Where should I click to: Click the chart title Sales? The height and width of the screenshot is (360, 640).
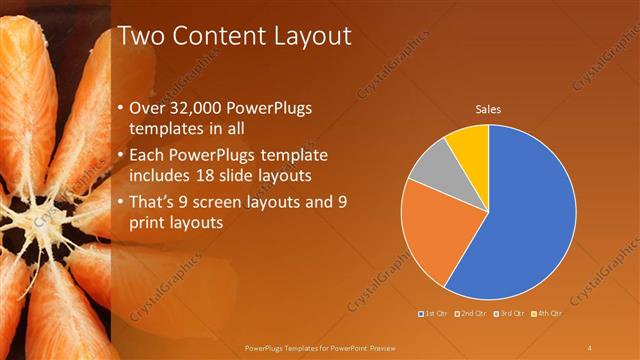click(x=488, y=109)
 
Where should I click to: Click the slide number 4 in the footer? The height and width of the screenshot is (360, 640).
click(x=590, y=348)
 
